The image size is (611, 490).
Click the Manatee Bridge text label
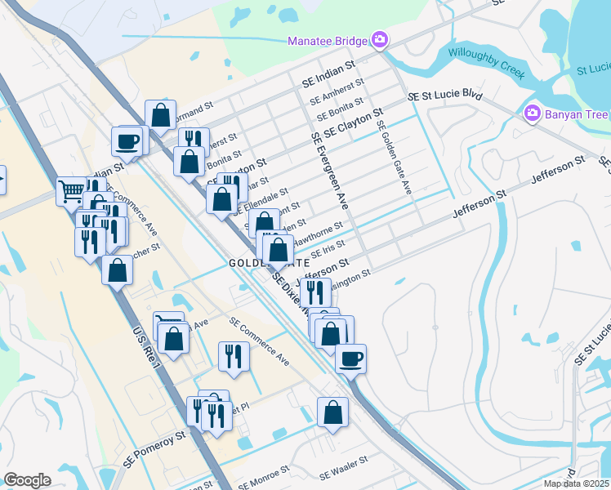327,41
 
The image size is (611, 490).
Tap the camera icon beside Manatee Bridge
379,39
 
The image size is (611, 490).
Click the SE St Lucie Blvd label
444,95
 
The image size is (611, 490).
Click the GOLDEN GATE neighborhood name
269,263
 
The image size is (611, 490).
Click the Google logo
27,480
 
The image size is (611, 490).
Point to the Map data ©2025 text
577,483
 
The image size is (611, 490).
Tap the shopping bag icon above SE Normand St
161,114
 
